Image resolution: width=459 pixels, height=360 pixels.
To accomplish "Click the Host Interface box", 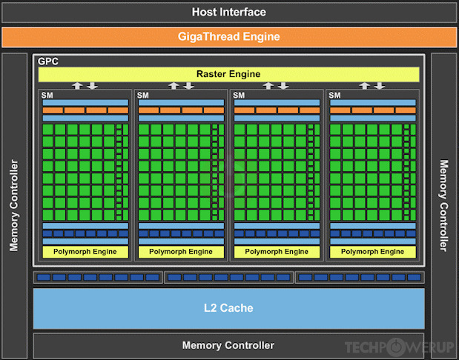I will click(x=228, y=12).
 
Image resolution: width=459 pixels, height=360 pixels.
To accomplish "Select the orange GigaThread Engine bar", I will click(x=228, y=36).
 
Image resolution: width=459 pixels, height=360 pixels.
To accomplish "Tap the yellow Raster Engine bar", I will click(x=228, y=74).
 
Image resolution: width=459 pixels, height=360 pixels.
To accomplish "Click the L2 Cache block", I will click(x=228, y=307).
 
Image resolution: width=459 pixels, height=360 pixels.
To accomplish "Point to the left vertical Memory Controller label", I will click(x=14, y=204).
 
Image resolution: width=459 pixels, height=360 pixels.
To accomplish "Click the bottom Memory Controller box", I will click(x=228, y=345).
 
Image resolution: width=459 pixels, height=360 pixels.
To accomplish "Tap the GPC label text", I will click(x=47, y=61).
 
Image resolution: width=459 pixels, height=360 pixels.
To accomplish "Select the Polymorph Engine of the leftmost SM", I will click(x=85, y=252).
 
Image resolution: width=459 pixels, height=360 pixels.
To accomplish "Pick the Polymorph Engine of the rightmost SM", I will click(x=373, y=252).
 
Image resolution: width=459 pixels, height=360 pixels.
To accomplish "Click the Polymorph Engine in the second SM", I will click(x=181, y=252).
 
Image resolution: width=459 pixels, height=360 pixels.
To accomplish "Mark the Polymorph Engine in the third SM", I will click(x=277, y=252).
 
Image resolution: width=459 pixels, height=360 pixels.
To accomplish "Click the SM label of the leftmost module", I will click(x=47, y=95).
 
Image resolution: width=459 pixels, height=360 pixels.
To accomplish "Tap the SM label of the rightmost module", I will click(x=334, y=95).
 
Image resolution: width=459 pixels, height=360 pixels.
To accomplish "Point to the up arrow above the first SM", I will click(x=77, y=86).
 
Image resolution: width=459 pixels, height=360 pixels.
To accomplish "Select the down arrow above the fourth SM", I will click(x=382, y=86).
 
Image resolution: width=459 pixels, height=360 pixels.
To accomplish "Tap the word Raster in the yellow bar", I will click(x=212, y=74).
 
